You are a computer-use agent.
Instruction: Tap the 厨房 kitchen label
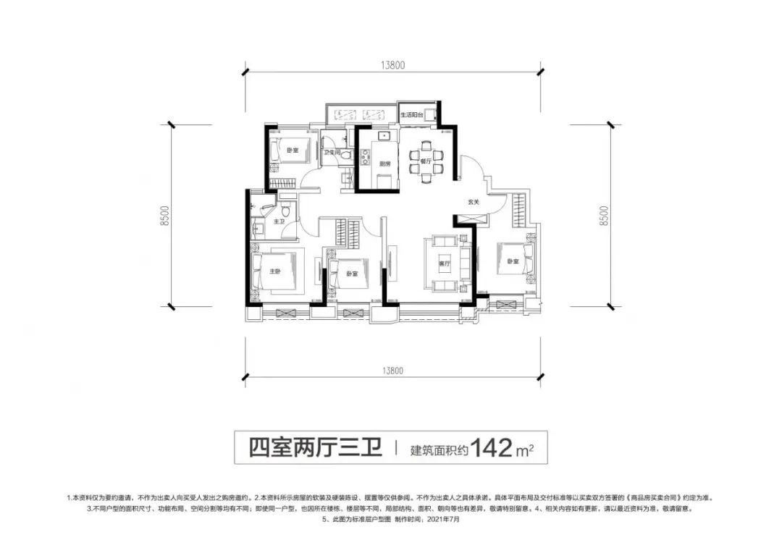tap(384, 164)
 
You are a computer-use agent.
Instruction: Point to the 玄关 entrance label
tap(474, 202)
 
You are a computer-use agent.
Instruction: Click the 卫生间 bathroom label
tap(332, 152)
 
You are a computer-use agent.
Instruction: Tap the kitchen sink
tap(384, 135)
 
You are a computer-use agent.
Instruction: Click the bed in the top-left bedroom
tap(287, 151)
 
